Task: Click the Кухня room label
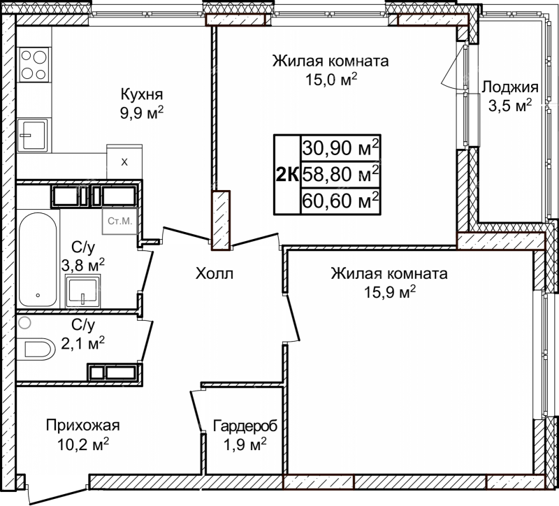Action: point(142,94)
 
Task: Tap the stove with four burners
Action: point(34,65)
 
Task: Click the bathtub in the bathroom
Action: point(38,259)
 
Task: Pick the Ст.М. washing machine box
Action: point(119,221)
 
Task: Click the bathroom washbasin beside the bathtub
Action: point(82,291)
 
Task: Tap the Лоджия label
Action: point(510,87)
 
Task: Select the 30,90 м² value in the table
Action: point(340,147)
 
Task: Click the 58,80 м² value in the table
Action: point(340,174)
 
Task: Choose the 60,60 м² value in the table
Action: point(340,201)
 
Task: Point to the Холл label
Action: point(215,273)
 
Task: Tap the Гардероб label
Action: point(245,426)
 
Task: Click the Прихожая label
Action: point(82,425)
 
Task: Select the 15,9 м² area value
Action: point(390,292)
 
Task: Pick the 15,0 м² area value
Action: point(331,80)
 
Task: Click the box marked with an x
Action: point(124,161)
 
